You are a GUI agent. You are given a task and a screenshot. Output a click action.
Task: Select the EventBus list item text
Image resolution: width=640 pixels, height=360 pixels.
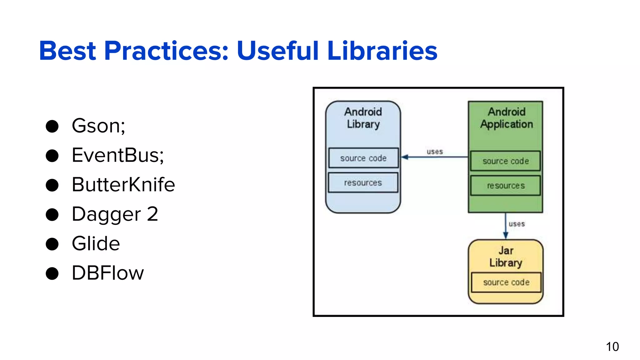coord(117,155)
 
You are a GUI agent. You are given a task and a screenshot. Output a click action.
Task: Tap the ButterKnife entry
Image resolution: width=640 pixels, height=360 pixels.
coord(123,184)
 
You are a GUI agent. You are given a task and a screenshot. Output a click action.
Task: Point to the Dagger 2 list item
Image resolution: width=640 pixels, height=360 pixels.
coord(115,214)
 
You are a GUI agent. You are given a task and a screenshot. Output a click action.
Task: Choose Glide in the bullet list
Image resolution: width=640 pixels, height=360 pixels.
coord(96,243)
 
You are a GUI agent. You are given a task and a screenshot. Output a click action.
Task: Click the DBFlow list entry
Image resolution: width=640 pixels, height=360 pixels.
coord(107,273)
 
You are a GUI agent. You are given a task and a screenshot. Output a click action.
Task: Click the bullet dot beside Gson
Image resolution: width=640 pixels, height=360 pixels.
coord(52,126)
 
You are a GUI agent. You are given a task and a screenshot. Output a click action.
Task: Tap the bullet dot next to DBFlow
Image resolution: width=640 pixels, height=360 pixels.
coord(52,273)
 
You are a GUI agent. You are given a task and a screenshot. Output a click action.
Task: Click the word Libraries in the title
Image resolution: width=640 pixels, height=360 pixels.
coord(382,51)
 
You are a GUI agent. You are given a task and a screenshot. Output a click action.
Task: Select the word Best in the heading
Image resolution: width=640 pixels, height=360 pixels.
coord(67,51)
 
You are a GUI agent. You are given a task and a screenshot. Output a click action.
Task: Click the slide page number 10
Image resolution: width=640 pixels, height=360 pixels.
coord(612,347)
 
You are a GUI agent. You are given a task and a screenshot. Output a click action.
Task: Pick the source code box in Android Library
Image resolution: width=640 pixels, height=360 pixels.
coord(363,158)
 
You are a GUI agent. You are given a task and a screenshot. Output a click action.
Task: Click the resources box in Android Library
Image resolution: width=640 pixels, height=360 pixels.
coord(363,182)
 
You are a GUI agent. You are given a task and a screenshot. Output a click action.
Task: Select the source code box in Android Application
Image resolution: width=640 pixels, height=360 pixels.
coord(505,161)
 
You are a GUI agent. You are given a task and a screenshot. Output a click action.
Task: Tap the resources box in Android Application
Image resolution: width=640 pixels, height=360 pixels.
coord(505,186)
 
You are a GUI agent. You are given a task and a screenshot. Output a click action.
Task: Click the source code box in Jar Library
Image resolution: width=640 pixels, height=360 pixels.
coord(506,282)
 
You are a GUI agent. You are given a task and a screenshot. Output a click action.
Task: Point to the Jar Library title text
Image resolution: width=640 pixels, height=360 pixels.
coord(506,257)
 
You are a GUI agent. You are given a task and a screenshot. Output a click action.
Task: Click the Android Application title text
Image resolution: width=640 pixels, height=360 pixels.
coord(506,118)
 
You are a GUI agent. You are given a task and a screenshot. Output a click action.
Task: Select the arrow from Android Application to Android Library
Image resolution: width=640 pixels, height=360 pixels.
coord(434,157)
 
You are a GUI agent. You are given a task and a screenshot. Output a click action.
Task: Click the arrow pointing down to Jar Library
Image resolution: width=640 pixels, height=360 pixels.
coord(505,226)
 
